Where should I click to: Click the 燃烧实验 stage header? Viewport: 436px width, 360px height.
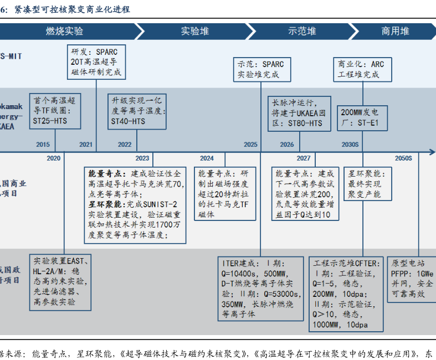tap(64, 31)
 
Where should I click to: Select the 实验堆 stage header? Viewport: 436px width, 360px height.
tap(195, 31)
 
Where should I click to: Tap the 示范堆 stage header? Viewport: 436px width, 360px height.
tap(302, 31)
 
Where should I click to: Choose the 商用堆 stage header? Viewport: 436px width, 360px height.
tap(395, 31)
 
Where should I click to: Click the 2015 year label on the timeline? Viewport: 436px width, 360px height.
tap(43, 145)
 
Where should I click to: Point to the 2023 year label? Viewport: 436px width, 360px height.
tap(142, 158)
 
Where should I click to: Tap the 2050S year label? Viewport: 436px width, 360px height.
tap(403, 158)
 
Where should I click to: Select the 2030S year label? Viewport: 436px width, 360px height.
tap(350, 145)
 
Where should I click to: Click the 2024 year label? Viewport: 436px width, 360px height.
tap(207, 158)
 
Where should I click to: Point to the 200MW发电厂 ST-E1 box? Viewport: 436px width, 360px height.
tap(361, 116)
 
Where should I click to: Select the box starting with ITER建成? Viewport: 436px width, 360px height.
tap(261, 287)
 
